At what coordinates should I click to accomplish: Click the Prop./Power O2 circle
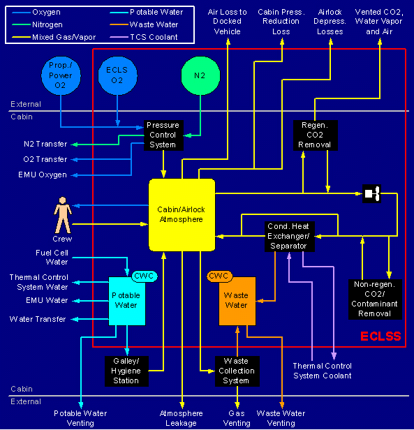[61, 75]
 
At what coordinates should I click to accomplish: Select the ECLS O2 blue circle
[117, 75]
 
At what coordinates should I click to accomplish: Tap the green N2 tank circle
[200, 75]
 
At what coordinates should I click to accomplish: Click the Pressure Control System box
[163, 135]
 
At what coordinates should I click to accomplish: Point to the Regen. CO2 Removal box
[316, 135]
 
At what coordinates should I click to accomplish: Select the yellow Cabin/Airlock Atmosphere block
[182, 215]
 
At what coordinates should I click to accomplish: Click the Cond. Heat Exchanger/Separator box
[290, 237]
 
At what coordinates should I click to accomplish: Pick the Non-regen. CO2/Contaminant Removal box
[375, 299]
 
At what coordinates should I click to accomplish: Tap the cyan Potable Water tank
[127, 301]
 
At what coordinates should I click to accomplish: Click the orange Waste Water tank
[237, 301]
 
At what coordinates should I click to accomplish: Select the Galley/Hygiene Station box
[126, 371]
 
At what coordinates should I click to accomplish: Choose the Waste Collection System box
[237, 371]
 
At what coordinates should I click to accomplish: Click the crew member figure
[63, 215]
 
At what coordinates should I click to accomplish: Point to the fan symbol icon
[371, 193]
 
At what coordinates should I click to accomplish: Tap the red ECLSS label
[380, 336]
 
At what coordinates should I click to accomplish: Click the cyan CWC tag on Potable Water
[145, 276]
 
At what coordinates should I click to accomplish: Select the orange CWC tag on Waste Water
[219, 276]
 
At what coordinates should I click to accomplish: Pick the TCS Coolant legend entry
[144, 37]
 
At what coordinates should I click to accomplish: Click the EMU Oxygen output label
[43, 175]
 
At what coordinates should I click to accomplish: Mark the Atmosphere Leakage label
[182, 418]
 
